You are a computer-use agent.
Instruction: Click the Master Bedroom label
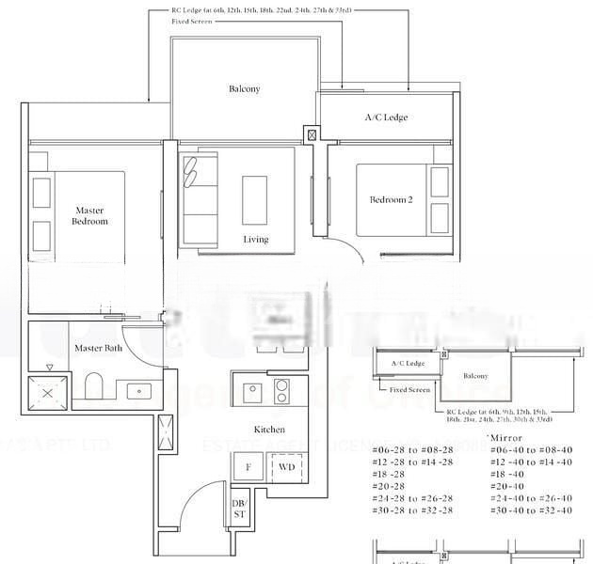click(x=90, y=215)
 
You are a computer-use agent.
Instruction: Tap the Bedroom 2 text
click(x=391, y=199)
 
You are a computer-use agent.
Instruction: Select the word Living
click(x=256, y=240)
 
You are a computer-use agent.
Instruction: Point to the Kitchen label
click(x=269, y=430)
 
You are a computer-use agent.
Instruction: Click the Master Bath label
click(x=98, y=349)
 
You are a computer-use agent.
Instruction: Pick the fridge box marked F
click(x=248, y=466)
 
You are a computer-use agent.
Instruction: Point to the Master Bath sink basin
click(x=140, y=391)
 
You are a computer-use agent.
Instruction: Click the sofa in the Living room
click(x=199, y=200)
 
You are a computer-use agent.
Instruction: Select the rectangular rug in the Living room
click(x=254, y=199)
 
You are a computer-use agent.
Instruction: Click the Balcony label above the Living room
click(x=244, y=89)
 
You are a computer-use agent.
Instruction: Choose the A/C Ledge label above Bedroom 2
click(x=386, y=117)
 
